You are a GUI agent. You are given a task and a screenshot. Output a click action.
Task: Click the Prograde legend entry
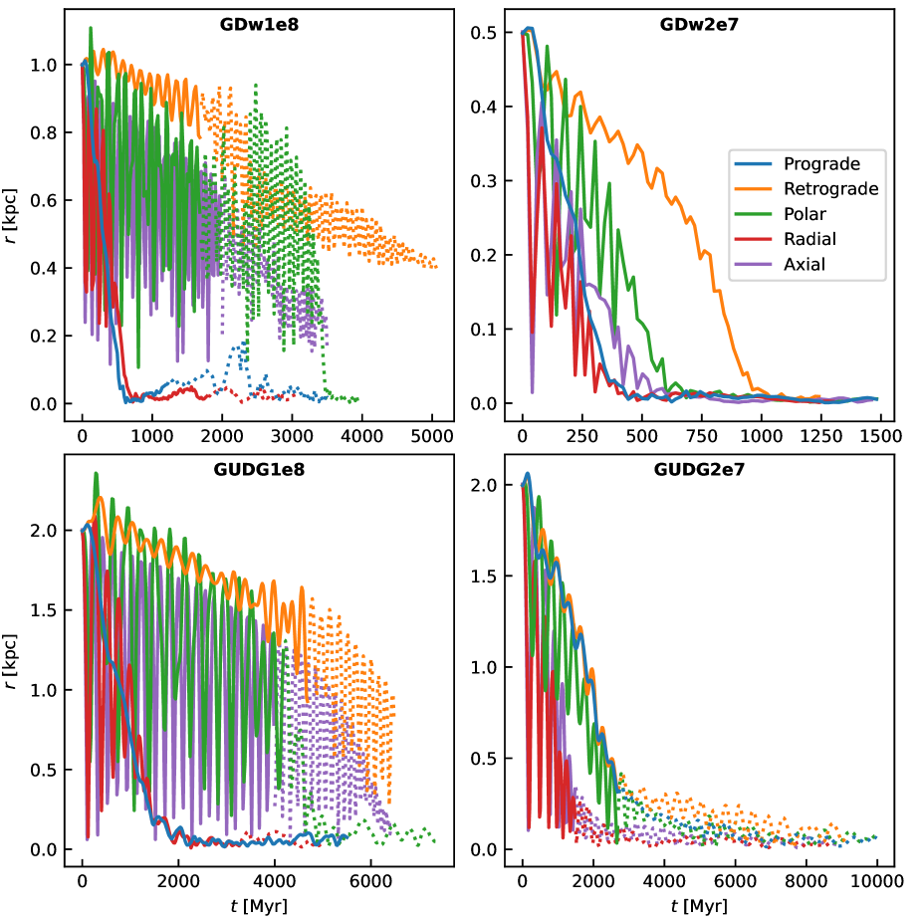coord(821,163)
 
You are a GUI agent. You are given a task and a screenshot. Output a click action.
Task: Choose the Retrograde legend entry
coord(830,188)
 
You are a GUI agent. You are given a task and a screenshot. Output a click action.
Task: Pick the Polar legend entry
coord(806,214)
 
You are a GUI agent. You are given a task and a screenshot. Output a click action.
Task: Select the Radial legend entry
coord(809,239)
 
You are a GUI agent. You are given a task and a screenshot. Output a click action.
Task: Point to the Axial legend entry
coord(805,265)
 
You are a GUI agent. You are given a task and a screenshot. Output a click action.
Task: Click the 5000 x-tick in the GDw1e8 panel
coord(431,436)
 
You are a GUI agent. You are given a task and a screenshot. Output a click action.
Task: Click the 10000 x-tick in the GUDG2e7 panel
coord(876,881)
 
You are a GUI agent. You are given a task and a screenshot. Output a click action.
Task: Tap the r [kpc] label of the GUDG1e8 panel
coord(12,659)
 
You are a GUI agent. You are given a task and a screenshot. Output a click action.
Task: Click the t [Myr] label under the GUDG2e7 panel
coord(699,906)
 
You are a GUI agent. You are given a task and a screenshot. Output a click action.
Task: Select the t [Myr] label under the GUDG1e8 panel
coord(259,906)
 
